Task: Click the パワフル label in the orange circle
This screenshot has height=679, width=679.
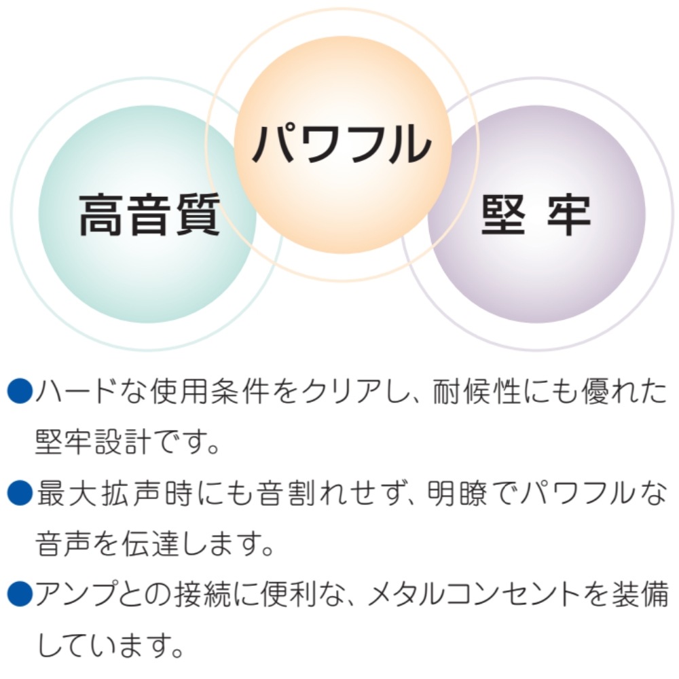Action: (342, 143)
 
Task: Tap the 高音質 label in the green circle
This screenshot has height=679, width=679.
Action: (149, 215)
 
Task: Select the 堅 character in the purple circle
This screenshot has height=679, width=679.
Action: (503, 215)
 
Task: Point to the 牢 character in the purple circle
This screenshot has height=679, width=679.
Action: (569, 215)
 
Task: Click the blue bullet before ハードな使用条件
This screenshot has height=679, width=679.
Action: (20, 391)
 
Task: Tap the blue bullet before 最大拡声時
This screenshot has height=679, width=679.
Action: (20, 493)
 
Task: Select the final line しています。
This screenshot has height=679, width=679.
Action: (110, 645)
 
